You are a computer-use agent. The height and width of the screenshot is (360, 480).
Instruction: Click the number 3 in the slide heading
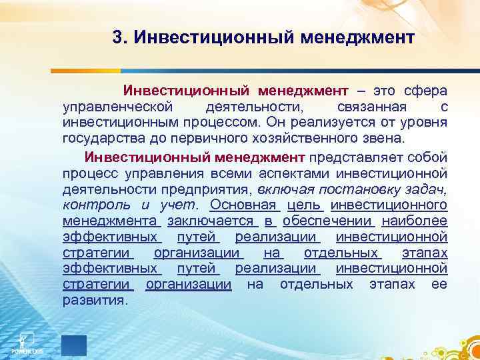pos(117,37)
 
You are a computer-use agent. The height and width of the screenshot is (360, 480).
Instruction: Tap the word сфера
pos(427,90)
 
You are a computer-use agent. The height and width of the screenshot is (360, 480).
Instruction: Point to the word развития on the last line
pos(93,300)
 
